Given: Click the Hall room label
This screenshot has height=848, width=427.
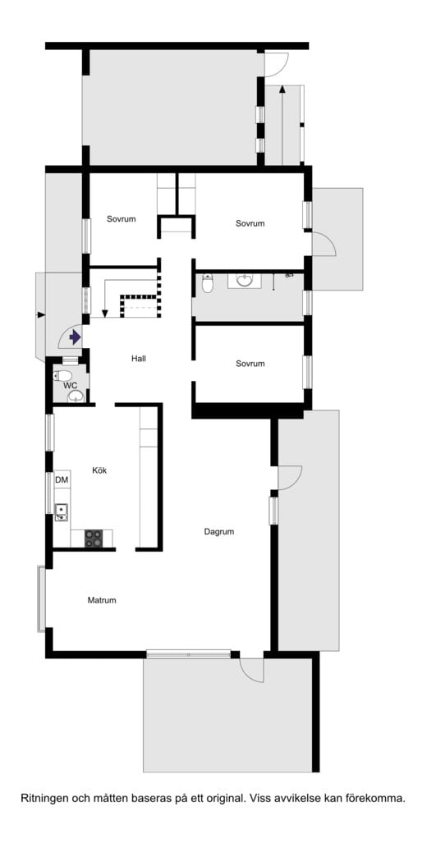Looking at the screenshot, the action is [139, 358].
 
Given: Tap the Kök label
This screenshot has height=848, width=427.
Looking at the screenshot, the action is [99, 470].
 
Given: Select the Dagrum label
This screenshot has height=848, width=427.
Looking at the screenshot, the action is [219, 532].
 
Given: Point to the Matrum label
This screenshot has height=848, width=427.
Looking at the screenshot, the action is [102, 600].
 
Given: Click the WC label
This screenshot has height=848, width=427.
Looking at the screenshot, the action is [71, 385].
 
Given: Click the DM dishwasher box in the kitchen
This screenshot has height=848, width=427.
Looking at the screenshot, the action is [62, 479].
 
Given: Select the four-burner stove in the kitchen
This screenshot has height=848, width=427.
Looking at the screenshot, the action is [94, 539].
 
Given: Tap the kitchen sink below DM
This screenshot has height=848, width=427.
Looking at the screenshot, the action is [61, 511].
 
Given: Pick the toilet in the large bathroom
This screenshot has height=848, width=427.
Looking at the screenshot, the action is [208, 284].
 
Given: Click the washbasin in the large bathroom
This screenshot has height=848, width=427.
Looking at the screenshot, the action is [245, 280].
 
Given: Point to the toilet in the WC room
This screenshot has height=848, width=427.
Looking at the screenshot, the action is [62, 375].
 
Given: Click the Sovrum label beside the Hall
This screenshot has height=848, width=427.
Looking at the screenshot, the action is [250, 364].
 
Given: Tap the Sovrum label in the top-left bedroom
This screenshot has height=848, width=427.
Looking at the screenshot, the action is [122, 219].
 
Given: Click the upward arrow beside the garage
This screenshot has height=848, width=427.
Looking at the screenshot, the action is [282, 125].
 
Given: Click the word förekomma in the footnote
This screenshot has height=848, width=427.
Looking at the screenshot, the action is [382, 798].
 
